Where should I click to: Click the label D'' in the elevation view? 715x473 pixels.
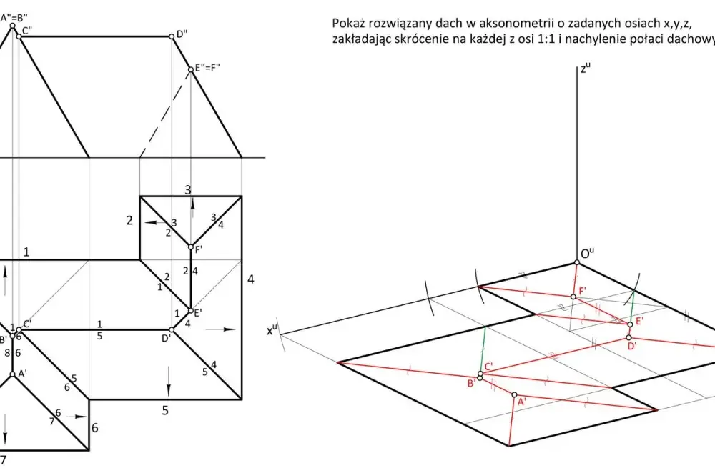(182, 34)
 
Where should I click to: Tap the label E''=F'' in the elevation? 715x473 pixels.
(207, 68)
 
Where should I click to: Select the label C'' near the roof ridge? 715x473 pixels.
(27, 31)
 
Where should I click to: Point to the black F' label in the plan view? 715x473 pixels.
(199, 249)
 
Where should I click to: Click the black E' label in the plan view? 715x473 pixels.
(198, 313)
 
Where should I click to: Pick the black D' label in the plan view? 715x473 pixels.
(166, 338)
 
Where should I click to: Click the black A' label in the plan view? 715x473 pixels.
(22, 373)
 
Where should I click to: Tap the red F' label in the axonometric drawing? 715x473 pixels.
(583, 290)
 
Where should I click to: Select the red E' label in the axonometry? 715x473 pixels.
(639, 320)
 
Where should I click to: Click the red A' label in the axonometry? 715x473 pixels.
(522, 402)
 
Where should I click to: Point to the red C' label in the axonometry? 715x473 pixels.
(489, 366)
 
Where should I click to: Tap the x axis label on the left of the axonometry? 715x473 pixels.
(272, 330)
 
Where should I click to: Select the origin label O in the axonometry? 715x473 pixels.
(588, 254)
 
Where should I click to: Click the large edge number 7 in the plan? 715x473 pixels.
(3, 460)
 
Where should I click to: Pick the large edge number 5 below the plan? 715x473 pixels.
(165, 411)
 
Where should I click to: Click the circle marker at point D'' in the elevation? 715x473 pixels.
(172, 36)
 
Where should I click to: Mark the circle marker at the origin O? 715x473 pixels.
(577, 262)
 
